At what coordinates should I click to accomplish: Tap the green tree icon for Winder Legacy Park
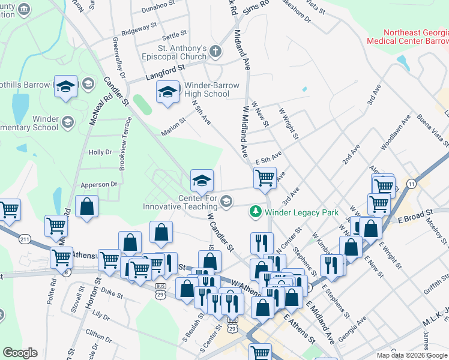[255, 212]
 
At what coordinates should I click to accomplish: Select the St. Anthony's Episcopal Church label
[182, 52]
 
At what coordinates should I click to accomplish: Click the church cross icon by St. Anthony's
[216, 52]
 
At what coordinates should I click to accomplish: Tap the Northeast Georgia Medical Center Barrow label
[408, 37]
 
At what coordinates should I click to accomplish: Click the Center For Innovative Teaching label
[180, 202]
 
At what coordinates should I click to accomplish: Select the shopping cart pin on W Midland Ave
[265, 178]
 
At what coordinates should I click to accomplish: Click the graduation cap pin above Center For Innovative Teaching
[202, 179]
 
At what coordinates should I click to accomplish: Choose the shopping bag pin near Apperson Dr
[88, 206]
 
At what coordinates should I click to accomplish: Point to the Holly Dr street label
[100, 152]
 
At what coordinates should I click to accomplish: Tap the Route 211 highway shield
[25, 239]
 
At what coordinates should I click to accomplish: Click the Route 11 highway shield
[411, 183]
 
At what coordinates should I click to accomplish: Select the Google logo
[20, 353]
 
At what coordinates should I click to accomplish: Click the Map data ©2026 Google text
[411, 355]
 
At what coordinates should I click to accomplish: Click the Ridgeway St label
[139, 28]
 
